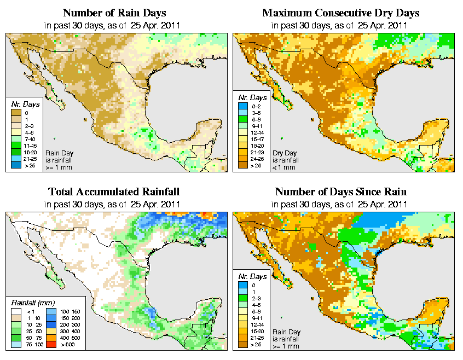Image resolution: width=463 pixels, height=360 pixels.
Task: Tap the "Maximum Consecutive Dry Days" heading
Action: coord(341,13)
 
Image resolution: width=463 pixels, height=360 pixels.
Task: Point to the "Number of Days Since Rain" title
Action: coord(341,192)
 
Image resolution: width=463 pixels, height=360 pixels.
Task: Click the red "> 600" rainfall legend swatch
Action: coord(49,345)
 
